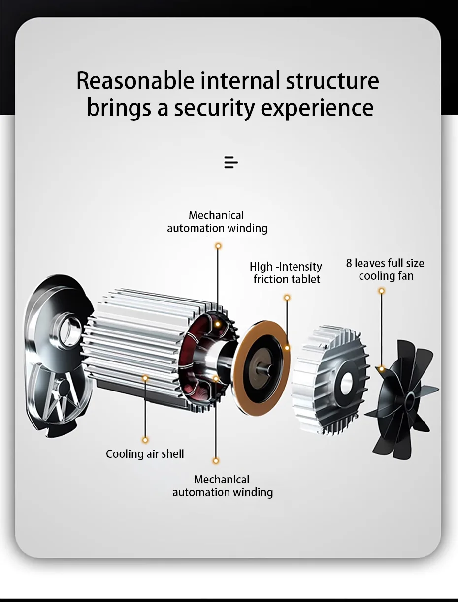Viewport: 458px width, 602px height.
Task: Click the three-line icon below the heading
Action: pos(231,162)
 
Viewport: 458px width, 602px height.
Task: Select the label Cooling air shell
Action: pos(145,454)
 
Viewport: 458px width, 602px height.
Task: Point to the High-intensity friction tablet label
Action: pos(286,273)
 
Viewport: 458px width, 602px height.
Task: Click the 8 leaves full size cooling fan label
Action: pos(385,270)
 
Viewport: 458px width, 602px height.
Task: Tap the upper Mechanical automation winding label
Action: pos(217,222)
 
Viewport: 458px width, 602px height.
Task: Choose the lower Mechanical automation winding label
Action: pos(223,486)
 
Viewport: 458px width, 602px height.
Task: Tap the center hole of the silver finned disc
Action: pos(346,383)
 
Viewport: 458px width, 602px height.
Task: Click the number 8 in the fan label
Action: pos(349,263)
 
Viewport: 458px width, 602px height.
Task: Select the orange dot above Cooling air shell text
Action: pos(145,440)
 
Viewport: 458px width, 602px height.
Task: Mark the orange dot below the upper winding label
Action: pos(218,246)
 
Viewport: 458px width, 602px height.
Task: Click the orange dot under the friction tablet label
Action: pos(287,298)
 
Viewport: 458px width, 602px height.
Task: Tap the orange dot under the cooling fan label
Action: pos(381,291)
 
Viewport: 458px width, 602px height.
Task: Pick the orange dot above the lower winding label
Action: pos(216,461)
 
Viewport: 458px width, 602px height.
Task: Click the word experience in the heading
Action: pos(317,108)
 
